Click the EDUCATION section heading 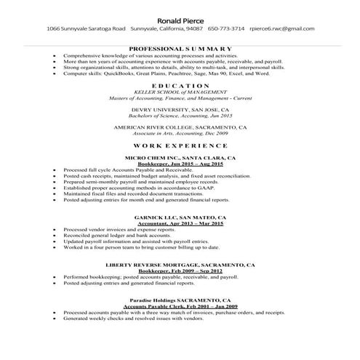(x=180, y=86)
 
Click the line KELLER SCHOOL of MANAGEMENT (x=180, y=92)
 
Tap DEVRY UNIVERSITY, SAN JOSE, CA (x=180, y=109)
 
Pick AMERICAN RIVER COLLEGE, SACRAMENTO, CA (x=180, y=127)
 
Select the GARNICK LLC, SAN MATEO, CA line (x=180, y=217)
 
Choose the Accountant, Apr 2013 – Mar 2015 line (x=180, y=223)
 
